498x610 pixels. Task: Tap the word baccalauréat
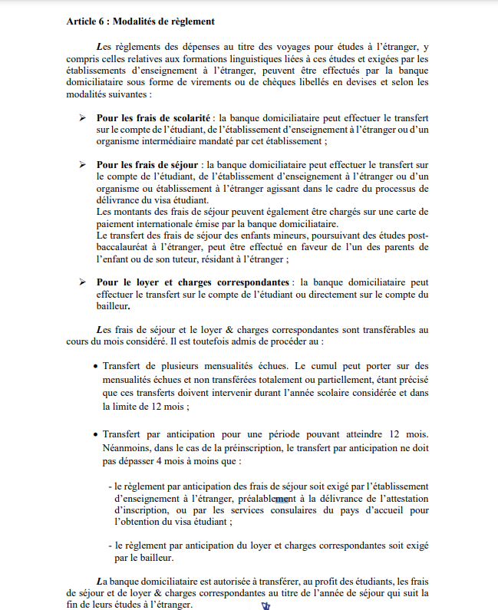126,248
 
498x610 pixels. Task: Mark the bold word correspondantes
249,282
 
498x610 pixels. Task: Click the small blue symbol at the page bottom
265,605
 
